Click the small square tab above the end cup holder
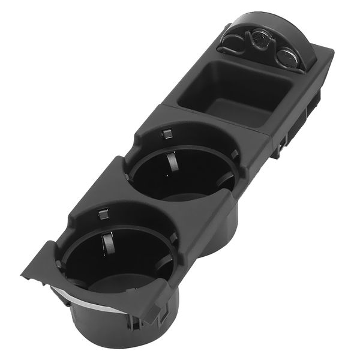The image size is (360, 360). (x=103, y=212)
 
